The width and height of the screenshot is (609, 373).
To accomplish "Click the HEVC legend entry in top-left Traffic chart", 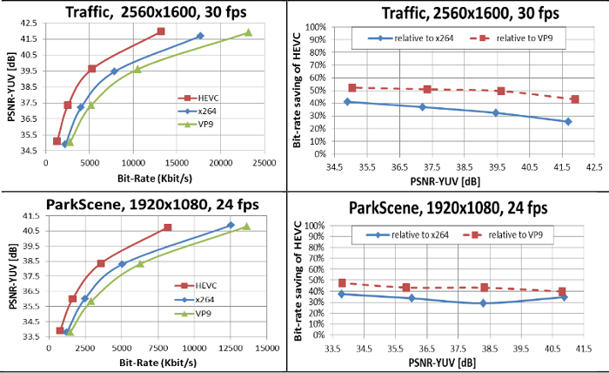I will tap(205, 98).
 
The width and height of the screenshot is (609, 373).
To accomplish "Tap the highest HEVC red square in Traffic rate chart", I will tap(161, 31).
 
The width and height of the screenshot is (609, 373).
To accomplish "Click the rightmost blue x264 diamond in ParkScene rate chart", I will tap(231, 226).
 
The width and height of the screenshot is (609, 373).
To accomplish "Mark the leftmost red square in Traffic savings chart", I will tap(352, 88).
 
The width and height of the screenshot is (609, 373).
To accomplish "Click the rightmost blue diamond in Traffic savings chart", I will tap(568, 121).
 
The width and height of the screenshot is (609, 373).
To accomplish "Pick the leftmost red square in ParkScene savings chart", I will tap(342, 283).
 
